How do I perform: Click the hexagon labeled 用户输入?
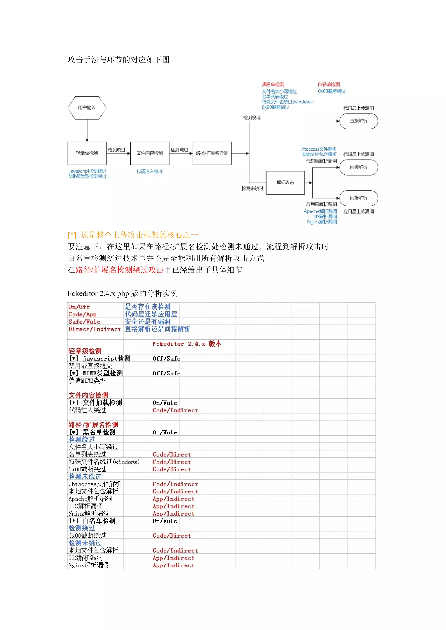87,107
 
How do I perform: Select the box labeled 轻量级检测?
87,153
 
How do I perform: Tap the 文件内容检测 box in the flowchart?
150,153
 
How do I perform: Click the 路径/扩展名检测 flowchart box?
212,153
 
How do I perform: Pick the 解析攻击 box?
285,183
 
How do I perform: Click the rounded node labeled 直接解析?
358,121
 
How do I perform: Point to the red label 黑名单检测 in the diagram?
273,84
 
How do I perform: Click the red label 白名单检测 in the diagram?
328,84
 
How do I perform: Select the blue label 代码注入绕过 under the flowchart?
149,171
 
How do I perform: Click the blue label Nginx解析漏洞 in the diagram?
322,222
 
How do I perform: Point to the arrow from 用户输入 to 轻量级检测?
87,130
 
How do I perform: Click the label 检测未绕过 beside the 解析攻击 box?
252,188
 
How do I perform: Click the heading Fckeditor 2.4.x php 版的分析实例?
122,293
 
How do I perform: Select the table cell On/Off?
79,307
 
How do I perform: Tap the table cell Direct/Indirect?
95,329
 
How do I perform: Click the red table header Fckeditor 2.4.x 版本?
187,344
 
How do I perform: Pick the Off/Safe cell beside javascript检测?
166,359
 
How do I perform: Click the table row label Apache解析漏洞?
90,499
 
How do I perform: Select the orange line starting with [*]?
133,235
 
